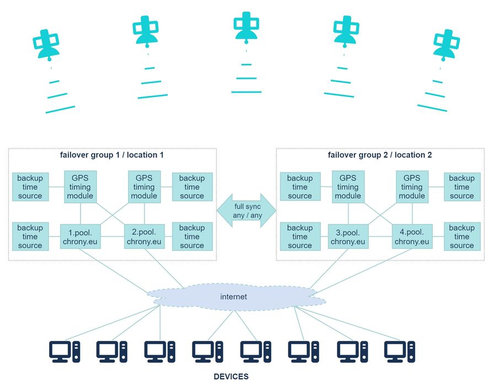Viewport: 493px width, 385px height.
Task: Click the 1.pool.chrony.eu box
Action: pos(81,236)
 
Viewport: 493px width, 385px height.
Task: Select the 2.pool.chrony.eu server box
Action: pos(144,236)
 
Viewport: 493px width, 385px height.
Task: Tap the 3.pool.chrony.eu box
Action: pos(347,236)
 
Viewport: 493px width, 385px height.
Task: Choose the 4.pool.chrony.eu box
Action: pos(411,236)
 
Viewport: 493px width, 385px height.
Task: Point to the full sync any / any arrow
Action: pos(247,211)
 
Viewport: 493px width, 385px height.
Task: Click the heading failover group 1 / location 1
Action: pos(112,155)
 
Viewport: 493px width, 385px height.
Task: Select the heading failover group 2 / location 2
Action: pos(379,155)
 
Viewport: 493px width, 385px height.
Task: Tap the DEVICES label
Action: pos(231,377)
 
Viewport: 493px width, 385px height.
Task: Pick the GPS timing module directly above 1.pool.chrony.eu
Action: pos(81,186)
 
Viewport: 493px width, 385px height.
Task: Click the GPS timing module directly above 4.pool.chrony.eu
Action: pos(411,186)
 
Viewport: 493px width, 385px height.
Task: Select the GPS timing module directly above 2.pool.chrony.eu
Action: pos(144,186)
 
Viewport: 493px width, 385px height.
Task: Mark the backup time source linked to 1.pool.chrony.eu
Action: pos(30,236)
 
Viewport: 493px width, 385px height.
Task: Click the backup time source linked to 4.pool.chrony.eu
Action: pos(462,236)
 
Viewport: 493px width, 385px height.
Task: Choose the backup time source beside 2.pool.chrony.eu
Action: pos(192,236)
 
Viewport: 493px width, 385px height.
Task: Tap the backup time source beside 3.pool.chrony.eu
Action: pos(299,236)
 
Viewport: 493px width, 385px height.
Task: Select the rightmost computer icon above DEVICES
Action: pos(399,351)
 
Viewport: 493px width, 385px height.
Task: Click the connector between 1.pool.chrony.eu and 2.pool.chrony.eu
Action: pos(112,236)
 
